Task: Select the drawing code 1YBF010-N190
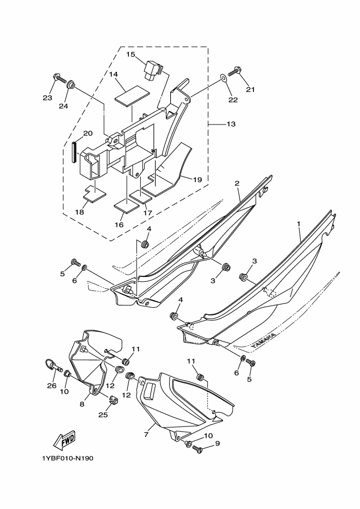[x=67, y=458]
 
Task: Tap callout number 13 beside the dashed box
[x=231, y=124]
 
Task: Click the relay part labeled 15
[x=153, y=69]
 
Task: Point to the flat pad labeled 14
[x=132, y=96]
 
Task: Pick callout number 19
[x=197, y=179]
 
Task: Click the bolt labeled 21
[x=236, y=70]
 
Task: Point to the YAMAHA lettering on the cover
[x=264, y=340]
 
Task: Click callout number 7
[x=146, y=434]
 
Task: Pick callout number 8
[x=82, y=404]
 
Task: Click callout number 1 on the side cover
[x=299, y=224]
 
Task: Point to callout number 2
[x=237, y=183]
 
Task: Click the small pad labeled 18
[x=95, y=194]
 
